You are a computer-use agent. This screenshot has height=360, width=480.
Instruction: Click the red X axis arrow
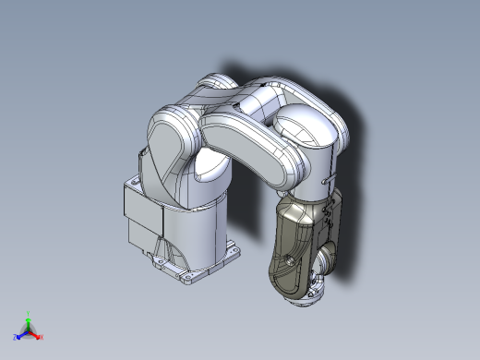click(39, 337)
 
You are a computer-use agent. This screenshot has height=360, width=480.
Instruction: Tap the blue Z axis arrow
click(18, 337)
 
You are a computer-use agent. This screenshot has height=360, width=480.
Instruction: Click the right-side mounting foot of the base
click(231, 250)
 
